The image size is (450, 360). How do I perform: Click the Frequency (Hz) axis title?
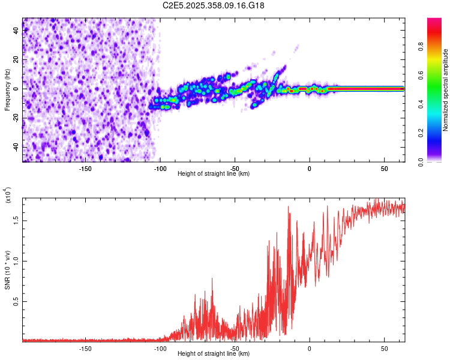tap(8, 90)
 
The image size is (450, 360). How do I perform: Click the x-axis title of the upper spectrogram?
tap(214, 174)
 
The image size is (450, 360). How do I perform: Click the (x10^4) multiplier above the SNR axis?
tap(8, 196)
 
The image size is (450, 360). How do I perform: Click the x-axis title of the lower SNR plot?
tap(214, 354)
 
